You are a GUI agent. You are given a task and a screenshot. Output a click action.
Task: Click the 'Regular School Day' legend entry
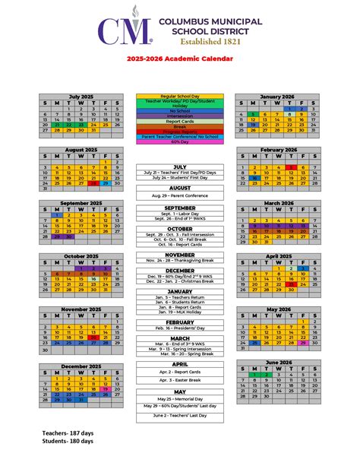point(180,97)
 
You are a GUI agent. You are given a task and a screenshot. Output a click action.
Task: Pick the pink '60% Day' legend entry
point(180,141)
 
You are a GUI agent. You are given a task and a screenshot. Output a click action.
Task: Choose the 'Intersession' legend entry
point(180,115)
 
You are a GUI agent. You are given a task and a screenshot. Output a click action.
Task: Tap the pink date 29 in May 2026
point(302,343)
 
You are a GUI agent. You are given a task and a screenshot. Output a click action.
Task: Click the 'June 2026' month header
point(278,363)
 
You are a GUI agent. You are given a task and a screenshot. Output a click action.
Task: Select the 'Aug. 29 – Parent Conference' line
point(180,195)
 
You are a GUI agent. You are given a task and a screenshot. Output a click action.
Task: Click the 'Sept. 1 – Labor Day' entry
point(180,215)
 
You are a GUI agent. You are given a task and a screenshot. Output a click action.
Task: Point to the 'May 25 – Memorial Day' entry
point(180,398)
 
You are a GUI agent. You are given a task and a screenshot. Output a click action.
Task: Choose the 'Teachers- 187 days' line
point(69,432)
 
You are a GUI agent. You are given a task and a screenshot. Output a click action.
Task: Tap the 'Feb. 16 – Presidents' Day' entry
point(180,329)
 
